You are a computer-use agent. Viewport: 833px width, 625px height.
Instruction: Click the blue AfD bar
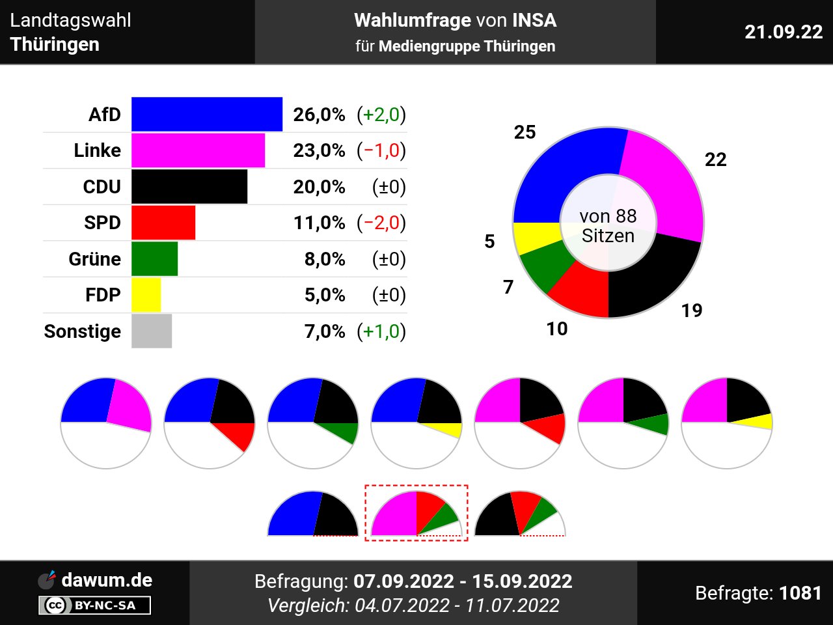(207, 115)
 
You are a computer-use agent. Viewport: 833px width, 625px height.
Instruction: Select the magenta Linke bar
(198, 150)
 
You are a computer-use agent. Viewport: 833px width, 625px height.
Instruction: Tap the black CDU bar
(189, 187)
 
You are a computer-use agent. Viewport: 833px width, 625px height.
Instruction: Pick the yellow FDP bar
(146, 295)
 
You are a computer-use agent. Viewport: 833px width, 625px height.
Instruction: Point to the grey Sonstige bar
(152, 331)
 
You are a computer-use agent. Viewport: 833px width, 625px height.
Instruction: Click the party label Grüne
(95, 259)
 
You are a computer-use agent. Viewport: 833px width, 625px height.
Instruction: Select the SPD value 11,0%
(319, 223)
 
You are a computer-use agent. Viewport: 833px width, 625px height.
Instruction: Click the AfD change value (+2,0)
(381, 115)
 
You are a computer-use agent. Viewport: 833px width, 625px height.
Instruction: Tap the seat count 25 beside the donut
(525, 132)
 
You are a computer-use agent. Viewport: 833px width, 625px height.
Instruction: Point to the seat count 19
(692, 311)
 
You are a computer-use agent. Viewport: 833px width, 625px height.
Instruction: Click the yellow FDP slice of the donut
(535, 237)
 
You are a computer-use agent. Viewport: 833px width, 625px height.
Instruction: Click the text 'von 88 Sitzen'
(608, 225)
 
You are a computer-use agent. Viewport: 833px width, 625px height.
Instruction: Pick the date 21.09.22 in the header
(784, 32)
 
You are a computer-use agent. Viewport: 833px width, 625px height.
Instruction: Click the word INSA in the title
(534, 20)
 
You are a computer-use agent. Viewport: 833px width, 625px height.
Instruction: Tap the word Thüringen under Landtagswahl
(55, 44)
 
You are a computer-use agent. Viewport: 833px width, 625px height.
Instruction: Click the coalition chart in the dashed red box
(416, 513)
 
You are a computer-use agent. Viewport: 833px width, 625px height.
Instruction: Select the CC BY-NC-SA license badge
(95, 605)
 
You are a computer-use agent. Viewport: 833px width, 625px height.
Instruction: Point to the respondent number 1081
(800, 593)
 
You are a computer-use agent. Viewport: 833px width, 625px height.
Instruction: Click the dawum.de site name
(107, 580)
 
